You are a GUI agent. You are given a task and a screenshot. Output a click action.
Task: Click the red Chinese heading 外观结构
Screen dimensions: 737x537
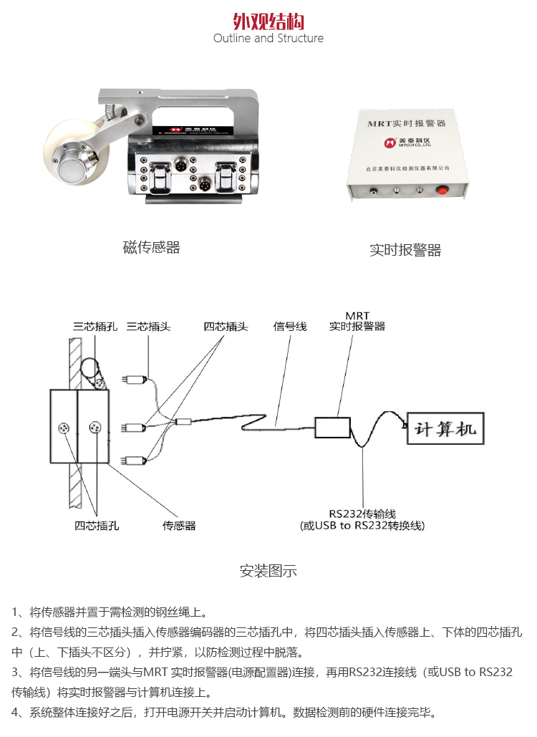268,20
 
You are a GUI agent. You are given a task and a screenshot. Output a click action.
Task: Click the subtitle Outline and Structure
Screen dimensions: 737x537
268,38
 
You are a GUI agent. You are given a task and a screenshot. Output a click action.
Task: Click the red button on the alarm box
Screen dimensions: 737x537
442,191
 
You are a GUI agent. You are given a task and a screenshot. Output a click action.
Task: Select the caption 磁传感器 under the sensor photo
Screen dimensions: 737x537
151,248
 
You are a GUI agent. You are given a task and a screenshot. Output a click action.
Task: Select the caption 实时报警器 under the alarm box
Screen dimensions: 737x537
405,250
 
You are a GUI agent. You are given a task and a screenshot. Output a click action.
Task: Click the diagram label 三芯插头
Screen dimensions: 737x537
148,327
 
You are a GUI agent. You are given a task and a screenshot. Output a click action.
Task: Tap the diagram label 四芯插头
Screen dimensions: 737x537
226,327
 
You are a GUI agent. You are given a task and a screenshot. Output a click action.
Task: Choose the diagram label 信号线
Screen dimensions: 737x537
290,327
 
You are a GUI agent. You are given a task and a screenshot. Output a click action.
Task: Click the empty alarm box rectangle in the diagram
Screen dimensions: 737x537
332,428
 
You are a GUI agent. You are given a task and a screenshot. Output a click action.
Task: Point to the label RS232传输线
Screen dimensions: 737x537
362,514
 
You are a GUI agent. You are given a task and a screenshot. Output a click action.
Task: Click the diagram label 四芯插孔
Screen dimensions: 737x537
97,526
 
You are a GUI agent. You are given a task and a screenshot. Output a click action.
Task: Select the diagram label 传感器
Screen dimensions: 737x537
179,526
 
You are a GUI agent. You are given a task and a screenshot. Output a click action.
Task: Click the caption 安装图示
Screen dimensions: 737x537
268,571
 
